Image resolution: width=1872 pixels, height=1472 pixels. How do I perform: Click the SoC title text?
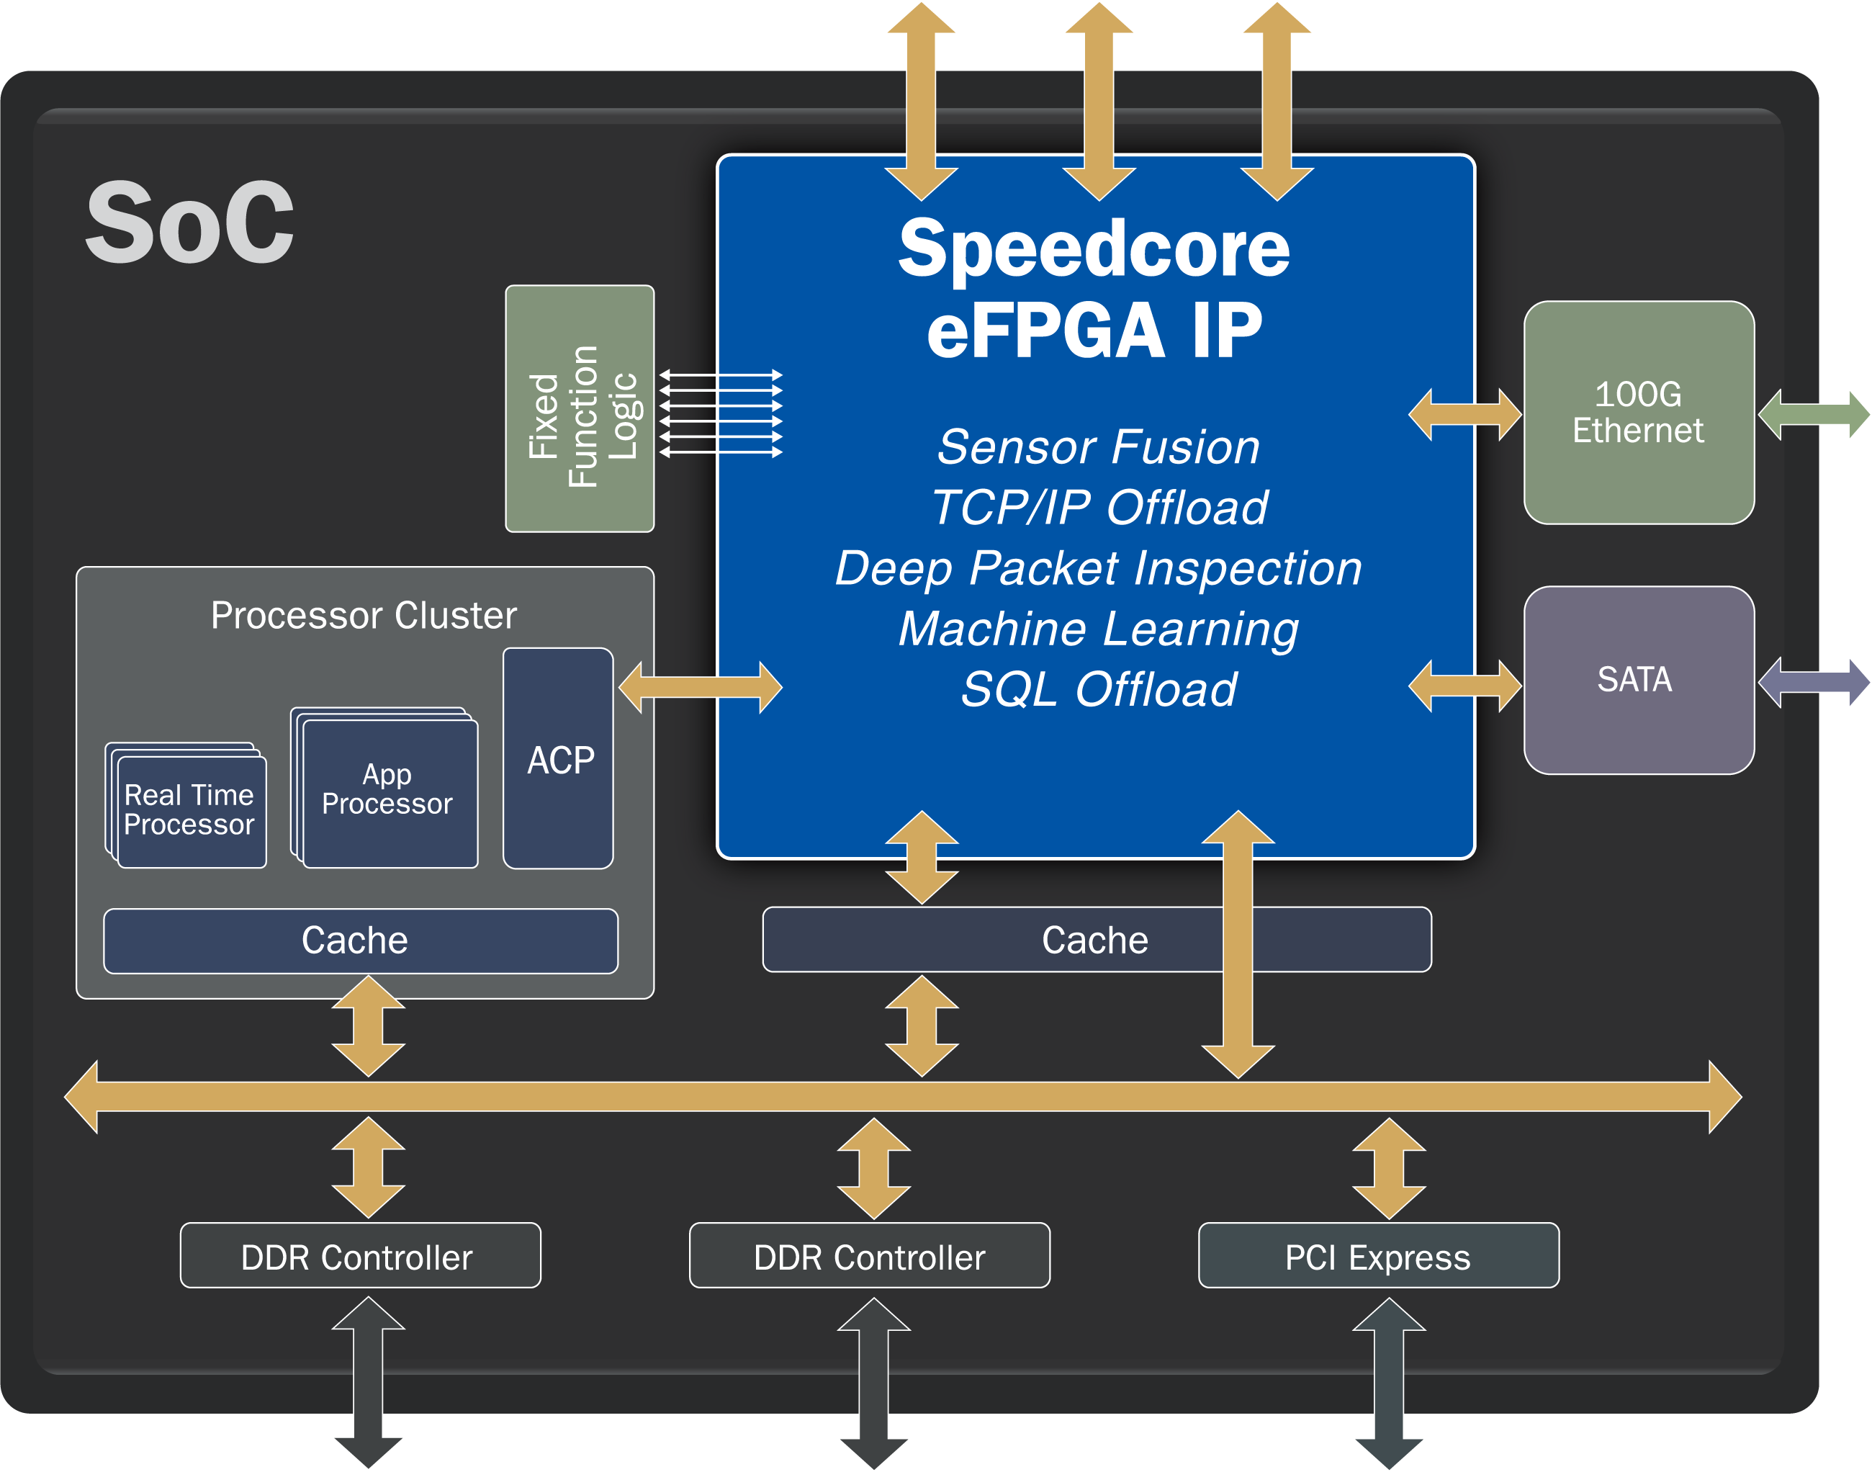pyautogui.click(x=189, y=223)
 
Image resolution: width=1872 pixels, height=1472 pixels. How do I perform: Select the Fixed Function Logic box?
pyautogui.click(x=579, y=408)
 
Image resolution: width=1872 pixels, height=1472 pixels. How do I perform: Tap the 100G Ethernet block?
pyautogui.click(x=1639, y=412)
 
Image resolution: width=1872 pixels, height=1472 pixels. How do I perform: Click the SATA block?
pyautogui.click(x=1639, y=680)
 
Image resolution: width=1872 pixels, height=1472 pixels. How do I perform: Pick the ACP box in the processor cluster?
pyautogui.click(x=558, y=759)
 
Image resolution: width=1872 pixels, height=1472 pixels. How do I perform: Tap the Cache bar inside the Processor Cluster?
pyautogui.click(x=360, y=941)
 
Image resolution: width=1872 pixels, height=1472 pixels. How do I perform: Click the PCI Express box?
pyautogui.click(x=1377, y=1257)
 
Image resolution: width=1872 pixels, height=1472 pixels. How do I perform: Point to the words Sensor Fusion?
pyautogui.click(x=1099, y=446)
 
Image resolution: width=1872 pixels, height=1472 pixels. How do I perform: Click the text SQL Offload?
pyautogui.click(x=1099, y=689)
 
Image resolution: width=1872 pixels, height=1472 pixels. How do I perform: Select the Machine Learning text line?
pyautogui.click(x=1099, y=628)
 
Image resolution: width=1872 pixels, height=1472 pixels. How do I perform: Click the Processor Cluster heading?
pyautogui.click(x=364, y=615)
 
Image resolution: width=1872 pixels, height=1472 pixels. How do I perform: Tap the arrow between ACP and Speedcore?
pyautogui.click(x=700, y=687)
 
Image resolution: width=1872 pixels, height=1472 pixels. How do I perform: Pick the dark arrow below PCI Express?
pyautogui.click(x=1389, y=1383)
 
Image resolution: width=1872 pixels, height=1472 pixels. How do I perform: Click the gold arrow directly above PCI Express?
pyautogui.click(x=1389, y=1168)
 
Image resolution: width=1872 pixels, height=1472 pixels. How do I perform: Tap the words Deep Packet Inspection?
pyautogui.click(x=1099, y=568)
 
